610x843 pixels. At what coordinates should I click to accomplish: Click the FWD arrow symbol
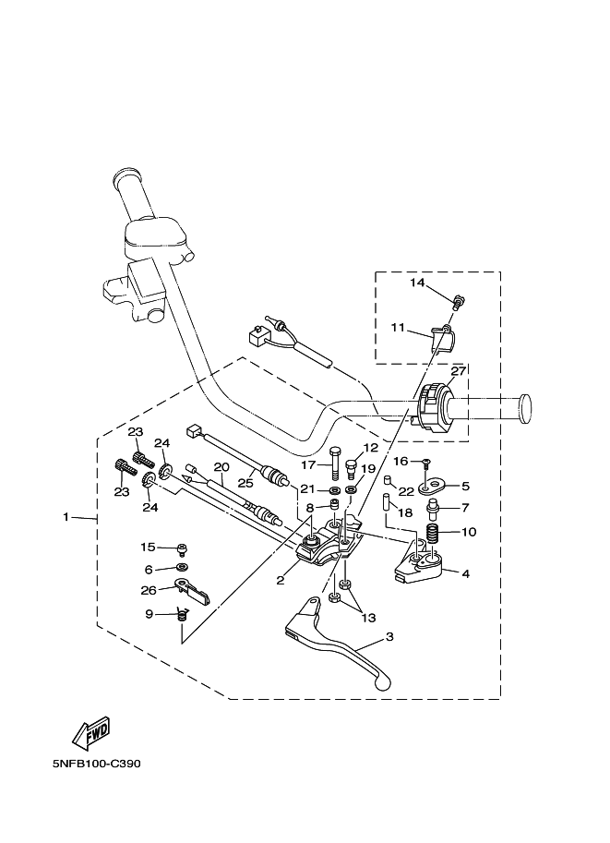[90, 734]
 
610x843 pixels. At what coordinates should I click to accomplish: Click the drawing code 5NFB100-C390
[97, 765]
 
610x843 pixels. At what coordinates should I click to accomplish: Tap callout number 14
[418, 283]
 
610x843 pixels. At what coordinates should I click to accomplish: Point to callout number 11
[398, 327]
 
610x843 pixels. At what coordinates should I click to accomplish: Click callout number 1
[66, 517]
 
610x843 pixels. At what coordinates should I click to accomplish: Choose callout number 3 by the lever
[389, 637]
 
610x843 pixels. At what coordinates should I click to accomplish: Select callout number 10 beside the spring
[468, 532]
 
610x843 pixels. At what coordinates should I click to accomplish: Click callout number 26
[149, 591]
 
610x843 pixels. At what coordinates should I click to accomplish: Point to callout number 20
[221, 467]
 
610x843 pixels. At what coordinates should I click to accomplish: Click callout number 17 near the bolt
[308, 464]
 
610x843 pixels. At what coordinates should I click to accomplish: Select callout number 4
[465, 573]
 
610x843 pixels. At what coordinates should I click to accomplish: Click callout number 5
[465, 485]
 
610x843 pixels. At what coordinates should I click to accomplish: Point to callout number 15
[149, 548]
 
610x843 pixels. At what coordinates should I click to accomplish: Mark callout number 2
[279, 581]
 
